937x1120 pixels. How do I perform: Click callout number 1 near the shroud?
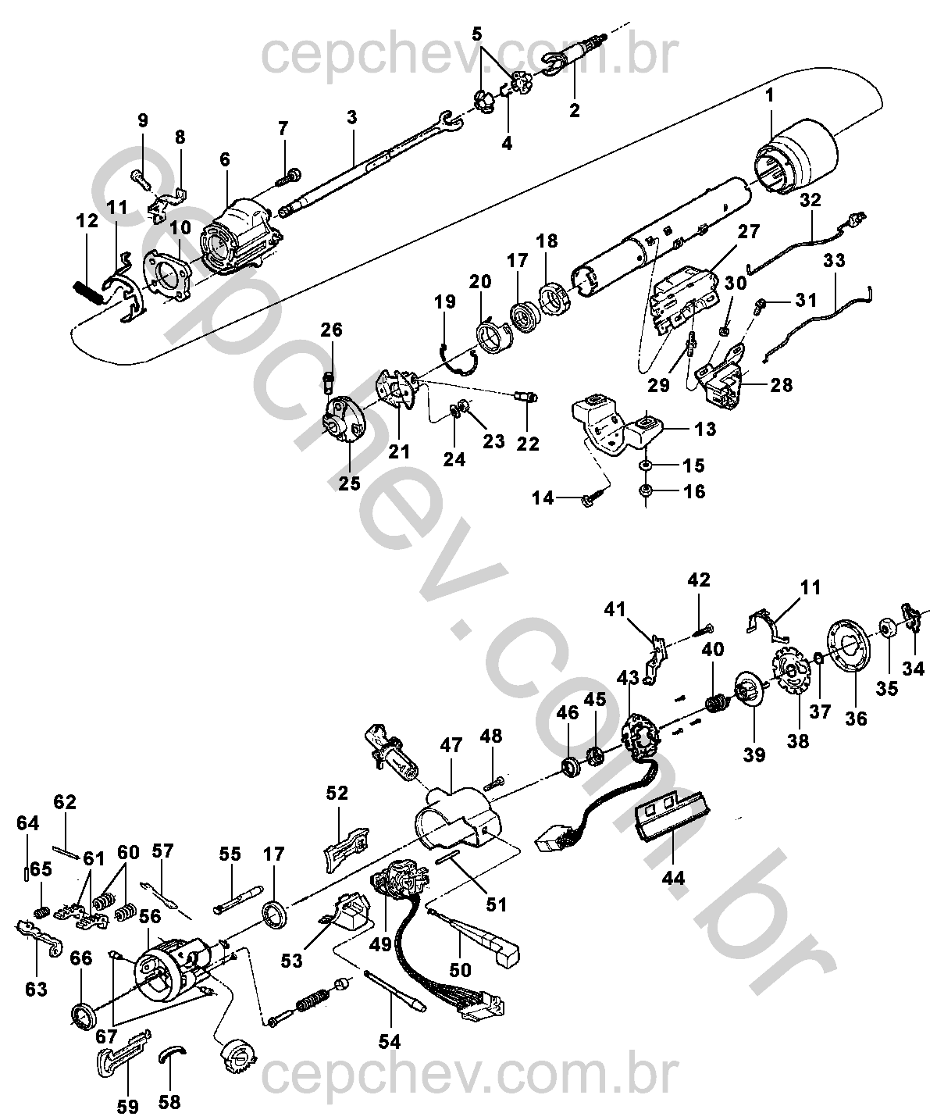tap(770, 96)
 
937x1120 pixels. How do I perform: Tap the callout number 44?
tap(673, 878)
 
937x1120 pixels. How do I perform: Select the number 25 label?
tap(349, 483)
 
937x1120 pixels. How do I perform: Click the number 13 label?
tap(705, 429)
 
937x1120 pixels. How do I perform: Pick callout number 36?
tap(856, 719)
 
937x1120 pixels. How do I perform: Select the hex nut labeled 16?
tap(646, 490)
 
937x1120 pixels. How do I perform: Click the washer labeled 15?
tap(646, 464)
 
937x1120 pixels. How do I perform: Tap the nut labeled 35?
tap(886, 628)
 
